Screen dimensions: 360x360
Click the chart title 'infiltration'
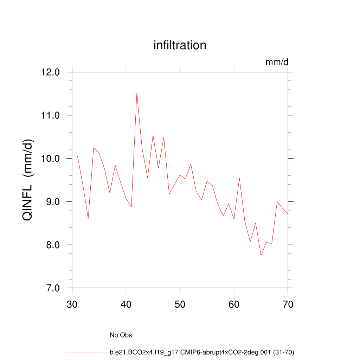click(x=180, y=45)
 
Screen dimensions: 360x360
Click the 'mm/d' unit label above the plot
click(x=277, y=62)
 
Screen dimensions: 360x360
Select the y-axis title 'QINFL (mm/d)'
click(x=28, y=180)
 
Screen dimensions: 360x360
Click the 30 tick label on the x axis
click(x=72, y=304)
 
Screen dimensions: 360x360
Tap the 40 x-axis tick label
click(x=126, y=304)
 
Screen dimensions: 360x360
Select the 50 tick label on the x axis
click(x=180, y=304)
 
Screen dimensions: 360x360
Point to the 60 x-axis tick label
click(x=234, y=304)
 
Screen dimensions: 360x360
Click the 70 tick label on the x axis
click(x=288, y=304)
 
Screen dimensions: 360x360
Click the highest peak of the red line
click(x=137, y=93)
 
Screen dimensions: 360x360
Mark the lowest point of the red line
click(x=261, y=255)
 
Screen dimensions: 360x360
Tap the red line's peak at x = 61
click(x=239, y=178)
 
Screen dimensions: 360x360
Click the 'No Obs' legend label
click(x=121, y=335)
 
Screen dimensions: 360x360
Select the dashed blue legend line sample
click(x=84, y=335)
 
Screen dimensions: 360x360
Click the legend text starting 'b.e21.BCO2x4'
click(x=202, y=352)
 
